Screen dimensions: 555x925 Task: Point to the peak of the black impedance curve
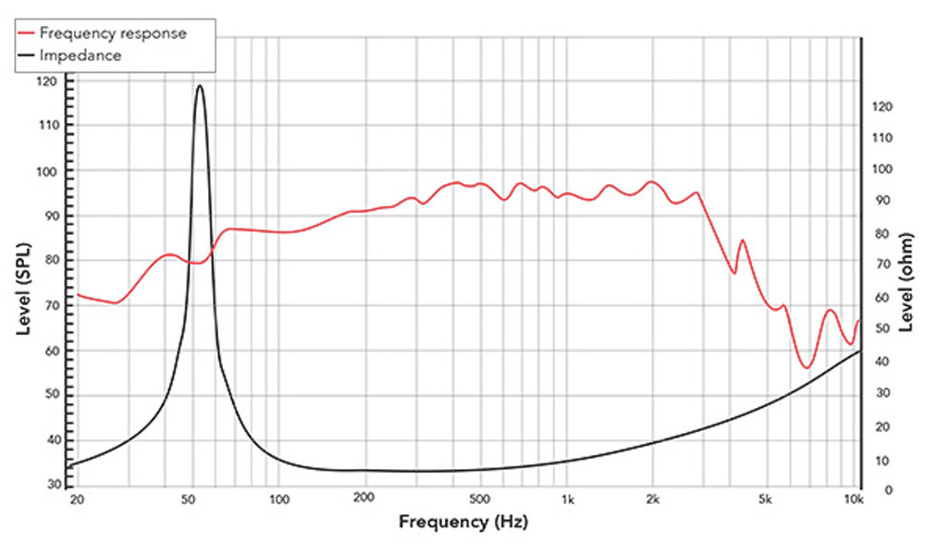click(x=200, y=85)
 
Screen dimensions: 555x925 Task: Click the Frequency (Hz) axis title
click(x=462, y=521)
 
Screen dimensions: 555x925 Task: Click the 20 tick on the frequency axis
click(x=77, y=500)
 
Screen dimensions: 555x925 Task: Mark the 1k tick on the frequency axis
click(x=568, y=500)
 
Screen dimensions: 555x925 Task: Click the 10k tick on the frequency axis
click(x=854, y=500)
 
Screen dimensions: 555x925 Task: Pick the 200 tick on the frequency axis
click(x=364, y=500)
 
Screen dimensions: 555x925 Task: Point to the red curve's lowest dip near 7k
click(x=807, y=367)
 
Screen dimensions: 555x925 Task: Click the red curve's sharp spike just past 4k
click(x=742, y=240)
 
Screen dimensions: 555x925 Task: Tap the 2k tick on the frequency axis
click(x=653, y=500)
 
